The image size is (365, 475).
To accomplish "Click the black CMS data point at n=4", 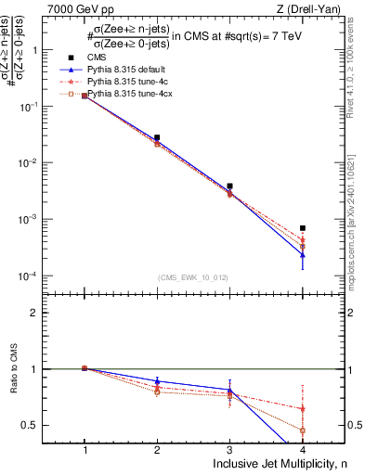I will pyautogui.click(x=303, y=227).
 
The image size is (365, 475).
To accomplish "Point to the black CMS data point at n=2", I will pyautogui.click(x=157, y=137).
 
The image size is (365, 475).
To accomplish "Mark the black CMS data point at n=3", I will pyautogui.click(x=229, y=186).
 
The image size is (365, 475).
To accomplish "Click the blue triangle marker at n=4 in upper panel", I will pyautogui.click(x=303, y=254).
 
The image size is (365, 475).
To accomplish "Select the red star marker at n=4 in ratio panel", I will pyautogui.click(x=303, y=408).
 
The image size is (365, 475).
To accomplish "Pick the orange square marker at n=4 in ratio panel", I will pyautogui.click(x=303, y=430).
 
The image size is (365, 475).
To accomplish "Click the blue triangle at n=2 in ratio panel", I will pyautogui.click(x=157, y=381).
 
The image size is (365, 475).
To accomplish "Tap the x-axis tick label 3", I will pyautogui.click(x=229, y=449).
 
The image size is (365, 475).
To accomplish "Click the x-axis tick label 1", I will pyautogui.click(x=85, y=449).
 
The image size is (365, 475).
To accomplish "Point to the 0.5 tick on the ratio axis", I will pyautogui.click(x=37, y=426).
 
